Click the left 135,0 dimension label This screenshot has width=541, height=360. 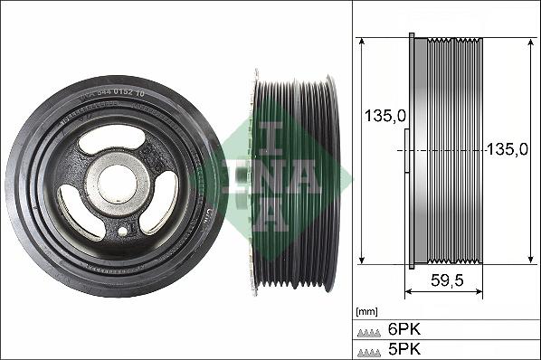click(x=383, y=116)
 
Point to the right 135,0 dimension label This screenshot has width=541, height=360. click(x=507, y=150)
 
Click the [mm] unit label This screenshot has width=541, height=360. click(x=366, y=311)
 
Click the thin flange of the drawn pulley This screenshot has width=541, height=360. click(x=413, y=152)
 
